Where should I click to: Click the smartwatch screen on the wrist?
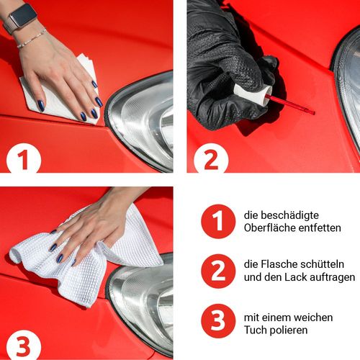coord(23,16)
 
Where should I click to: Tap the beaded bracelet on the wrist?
coord(32,38)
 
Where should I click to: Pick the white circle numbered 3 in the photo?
coord(24,345)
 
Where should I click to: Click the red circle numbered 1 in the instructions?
coord(218,221)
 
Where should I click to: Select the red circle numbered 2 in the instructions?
coord(218,271)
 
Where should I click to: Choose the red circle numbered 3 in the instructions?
coord(218,321)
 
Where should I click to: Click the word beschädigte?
coord(289,215)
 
